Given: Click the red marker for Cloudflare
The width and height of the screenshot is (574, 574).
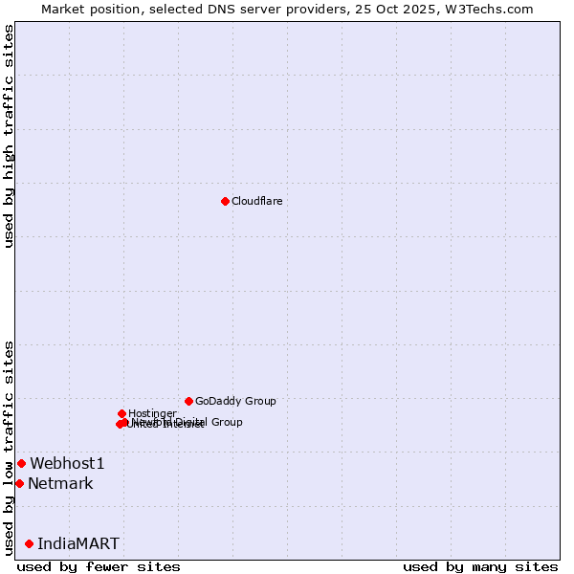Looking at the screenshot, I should point(225,201).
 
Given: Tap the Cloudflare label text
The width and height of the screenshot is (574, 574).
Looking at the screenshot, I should point(256,201).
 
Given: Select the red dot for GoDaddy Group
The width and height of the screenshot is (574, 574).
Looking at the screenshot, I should point(188,401).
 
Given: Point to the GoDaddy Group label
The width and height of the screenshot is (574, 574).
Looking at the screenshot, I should point(235,401).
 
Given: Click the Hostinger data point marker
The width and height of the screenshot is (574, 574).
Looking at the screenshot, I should point(121,413).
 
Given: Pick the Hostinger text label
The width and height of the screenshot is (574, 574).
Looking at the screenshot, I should point(152,413).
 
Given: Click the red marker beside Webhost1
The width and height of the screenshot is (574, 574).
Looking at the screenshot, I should point(21,463).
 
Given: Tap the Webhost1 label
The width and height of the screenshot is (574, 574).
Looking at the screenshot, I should point(67,463).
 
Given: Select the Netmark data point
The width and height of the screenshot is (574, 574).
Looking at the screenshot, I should point(19,483).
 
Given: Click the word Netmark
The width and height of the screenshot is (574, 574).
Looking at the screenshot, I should point(60,483).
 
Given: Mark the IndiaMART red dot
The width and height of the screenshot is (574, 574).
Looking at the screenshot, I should point(29,543).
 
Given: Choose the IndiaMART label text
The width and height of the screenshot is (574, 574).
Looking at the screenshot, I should point(78,543).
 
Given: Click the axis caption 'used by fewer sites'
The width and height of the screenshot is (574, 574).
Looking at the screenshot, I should point(99,566).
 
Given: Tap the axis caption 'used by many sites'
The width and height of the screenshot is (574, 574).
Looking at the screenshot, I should point(480,566).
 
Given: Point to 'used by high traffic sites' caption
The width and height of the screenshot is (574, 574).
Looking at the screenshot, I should point(9,136).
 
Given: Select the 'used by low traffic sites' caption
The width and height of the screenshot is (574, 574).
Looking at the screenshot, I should point(9,448).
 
